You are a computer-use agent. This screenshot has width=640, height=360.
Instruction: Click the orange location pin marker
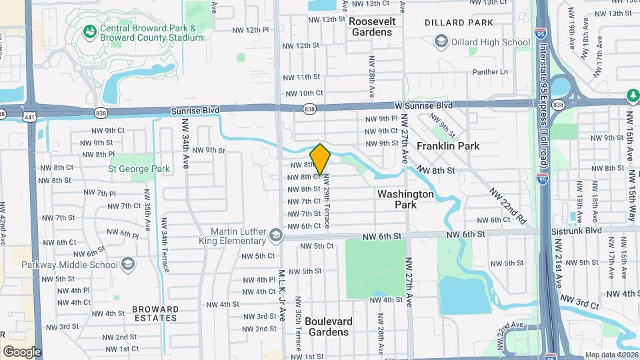(x=320, y=159)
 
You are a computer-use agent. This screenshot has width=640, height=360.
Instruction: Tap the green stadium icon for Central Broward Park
(x=89, y=31)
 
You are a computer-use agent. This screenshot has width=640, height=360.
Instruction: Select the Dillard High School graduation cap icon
(x=441, y=42)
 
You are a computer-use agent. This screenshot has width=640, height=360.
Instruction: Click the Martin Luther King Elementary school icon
(x=275, y=235)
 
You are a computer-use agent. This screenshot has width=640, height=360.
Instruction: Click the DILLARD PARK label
(x=460, y=23)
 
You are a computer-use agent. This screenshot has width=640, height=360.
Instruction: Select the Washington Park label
(x=405, y=199)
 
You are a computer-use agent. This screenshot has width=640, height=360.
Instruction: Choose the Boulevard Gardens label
(x=327, y=326)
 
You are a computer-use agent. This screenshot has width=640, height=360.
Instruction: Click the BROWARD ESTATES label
(x=155, y=313)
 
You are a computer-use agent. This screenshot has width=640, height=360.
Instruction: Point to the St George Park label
(x=139, y=169)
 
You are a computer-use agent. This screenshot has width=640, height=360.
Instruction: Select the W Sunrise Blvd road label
(x=423, y=105)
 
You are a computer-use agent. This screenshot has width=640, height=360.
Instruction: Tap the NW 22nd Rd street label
(x=508, y=204)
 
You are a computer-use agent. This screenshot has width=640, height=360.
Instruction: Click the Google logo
(x=22, y=351)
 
